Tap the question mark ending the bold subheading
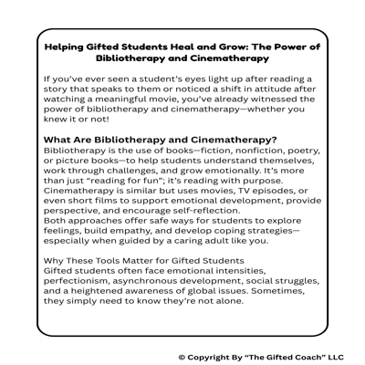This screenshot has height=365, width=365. [x=276, y=140]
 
